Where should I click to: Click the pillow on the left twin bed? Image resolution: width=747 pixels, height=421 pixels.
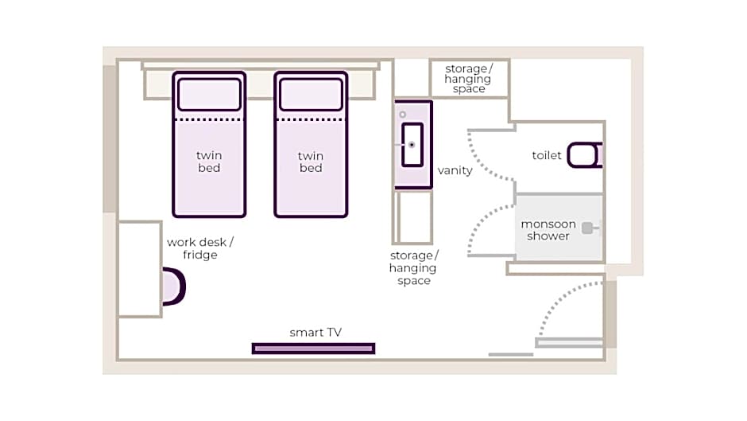point(209,94)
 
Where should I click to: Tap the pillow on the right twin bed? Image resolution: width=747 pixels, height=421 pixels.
point(311,94)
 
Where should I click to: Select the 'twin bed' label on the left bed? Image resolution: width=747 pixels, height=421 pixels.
point(209,162)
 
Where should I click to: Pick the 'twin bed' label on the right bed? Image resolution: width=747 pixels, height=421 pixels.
point(311,162)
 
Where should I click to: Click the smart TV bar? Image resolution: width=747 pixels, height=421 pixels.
point(313,349)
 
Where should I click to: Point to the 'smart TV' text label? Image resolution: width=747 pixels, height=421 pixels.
point(315,333)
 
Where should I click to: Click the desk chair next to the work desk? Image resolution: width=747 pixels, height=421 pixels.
point(173,287)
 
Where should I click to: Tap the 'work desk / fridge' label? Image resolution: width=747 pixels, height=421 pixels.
point(200,248)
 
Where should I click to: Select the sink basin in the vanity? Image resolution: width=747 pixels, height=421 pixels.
point(412,145)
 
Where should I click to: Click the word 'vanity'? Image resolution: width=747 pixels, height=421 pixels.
point(455,170)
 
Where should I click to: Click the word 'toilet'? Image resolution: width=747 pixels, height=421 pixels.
point(547,156)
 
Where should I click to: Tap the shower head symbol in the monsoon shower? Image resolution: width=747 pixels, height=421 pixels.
point(587,228)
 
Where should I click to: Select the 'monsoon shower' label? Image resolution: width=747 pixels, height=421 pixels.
point(548,230)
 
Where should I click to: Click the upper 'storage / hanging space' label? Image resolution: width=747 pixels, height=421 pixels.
point(468,79)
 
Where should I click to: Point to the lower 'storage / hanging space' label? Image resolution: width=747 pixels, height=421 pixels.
point(413,268)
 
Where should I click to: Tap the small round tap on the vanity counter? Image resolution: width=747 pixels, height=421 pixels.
point(403,115)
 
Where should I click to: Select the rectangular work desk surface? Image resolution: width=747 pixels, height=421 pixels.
point(139,269)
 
